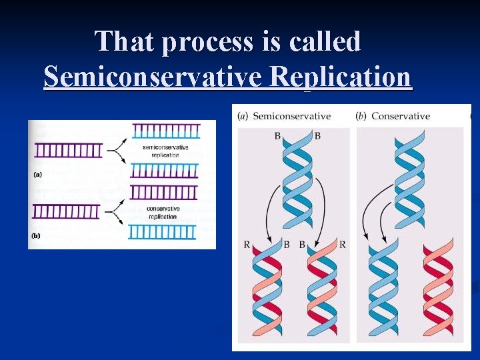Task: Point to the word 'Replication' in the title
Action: coord(341,77)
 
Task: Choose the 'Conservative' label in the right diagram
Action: coord(400,116)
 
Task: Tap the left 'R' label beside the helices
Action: coord(247,245)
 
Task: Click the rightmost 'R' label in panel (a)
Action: coord(343,245)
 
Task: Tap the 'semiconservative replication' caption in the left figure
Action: coord(165,151)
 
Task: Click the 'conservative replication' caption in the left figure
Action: coord(163,213)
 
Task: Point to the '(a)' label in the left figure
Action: coord(39,175)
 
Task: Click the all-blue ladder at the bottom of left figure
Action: coord(162,231)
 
